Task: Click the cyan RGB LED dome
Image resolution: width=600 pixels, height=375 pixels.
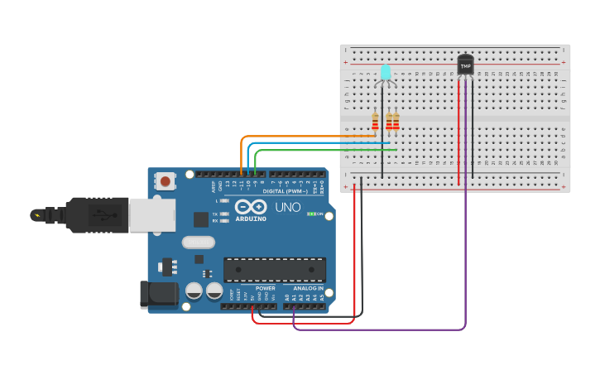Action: pos(385,71)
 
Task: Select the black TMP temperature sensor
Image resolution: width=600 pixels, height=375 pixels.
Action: pos(466,64)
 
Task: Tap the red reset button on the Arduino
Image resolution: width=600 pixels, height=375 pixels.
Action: pos(166,180)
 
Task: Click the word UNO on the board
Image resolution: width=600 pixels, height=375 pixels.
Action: pos(287,208)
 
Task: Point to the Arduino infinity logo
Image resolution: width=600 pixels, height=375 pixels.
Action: pos(249,206)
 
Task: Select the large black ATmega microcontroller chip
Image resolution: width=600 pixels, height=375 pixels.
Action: pos(274,269)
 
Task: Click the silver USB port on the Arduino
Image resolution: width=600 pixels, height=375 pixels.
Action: pos(151,215)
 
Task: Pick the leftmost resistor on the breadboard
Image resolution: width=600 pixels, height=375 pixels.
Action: pos(375,123)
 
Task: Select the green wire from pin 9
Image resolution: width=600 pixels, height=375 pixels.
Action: pos(323,150)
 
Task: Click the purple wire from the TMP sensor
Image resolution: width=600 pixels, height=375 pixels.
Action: pos(465,248)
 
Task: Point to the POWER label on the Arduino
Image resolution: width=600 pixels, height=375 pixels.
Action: pos(265,288)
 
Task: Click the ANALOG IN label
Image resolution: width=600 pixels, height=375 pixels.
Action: pos(310,288)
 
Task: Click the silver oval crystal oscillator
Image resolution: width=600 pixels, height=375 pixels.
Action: pos(198,243)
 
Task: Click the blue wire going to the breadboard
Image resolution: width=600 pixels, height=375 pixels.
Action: pos(314,142)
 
